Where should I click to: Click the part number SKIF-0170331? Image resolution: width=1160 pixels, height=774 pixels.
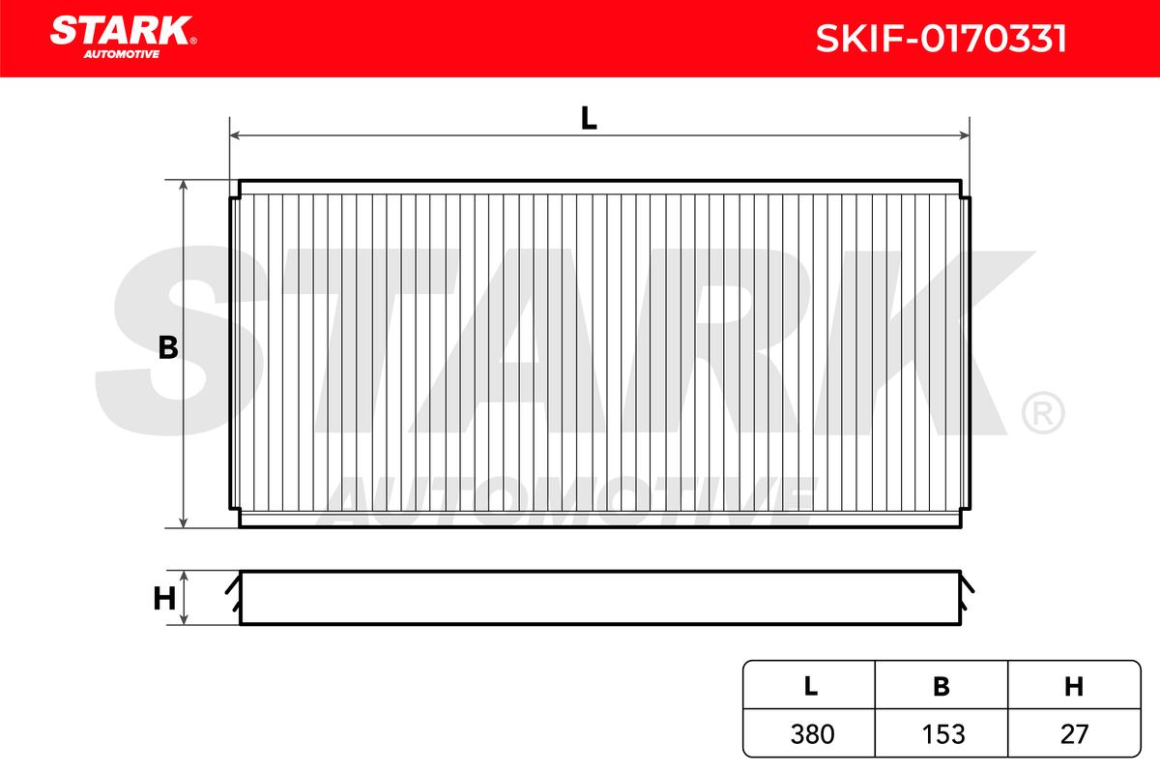tap(941, 39)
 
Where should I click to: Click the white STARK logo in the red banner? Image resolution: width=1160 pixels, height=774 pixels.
tap(121, 31)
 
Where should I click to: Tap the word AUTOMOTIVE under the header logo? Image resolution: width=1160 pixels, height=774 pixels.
tap(122, 54)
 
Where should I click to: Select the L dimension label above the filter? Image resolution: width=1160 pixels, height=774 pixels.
tap(589, 118)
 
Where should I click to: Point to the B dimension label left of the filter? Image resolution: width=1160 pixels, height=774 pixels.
tap(168, 347)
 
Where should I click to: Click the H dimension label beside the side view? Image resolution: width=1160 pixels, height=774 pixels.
tap(164, 599)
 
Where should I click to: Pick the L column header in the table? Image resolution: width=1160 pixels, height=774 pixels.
tap(810, 686)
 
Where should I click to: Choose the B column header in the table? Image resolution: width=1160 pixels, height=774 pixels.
tap(942, 686)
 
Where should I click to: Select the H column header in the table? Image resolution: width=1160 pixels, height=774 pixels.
tap(1074, 686)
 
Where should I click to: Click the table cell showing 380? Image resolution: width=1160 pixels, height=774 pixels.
tap(811, 734)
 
